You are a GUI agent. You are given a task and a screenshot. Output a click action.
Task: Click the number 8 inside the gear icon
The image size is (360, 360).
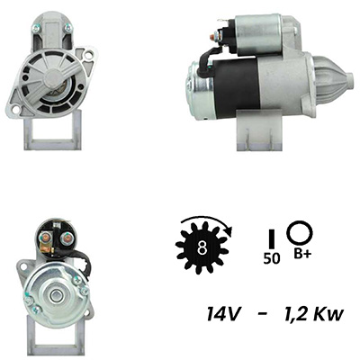(x=202, y=247)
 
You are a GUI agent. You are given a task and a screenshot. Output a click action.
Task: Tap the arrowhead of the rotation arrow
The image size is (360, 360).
(x=229, y=230)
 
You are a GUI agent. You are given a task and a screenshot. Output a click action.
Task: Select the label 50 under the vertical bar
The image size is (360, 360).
(x=272, y=258)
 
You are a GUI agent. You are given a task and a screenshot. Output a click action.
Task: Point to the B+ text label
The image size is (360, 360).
(x=302, y=255)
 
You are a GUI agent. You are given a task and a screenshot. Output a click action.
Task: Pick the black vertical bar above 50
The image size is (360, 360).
(x=272, y=238)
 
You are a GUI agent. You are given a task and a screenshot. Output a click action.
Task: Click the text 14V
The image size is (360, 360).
(x=223, y=314)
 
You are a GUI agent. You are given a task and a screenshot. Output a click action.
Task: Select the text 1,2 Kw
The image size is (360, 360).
(x=313, y=314)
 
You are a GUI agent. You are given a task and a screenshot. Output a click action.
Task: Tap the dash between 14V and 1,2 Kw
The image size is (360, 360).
(x=262, y=315)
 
